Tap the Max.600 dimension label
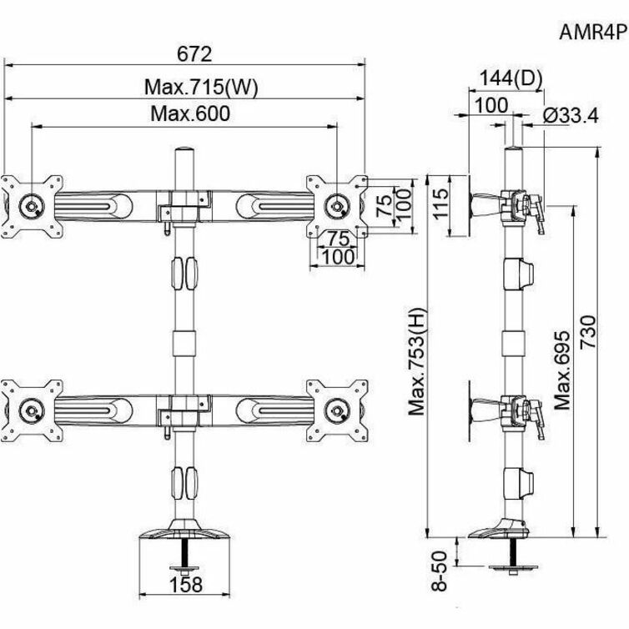coord(189,114)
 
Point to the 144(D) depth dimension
coord(511,78)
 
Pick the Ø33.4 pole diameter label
coord(570,116)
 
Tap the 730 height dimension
coord(588,334)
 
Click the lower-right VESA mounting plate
coord(337,408)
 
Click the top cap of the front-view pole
coord(182,155)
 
